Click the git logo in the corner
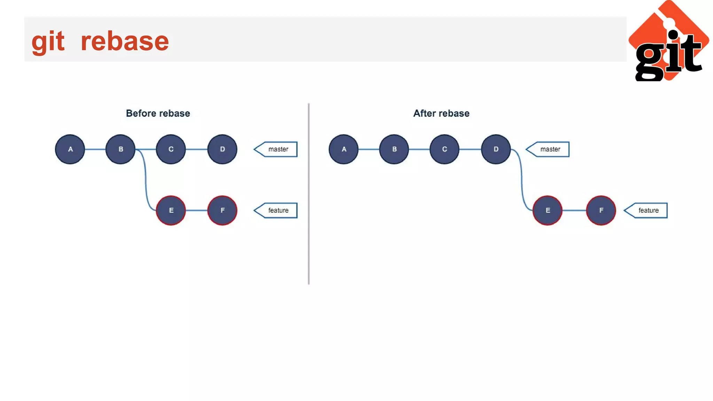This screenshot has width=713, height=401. coord(668,42)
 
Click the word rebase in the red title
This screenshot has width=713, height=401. coord(125,41)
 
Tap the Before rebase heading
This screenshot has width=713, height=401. coord(158,113)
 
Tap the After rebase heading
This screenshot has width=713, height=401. coord(441,113)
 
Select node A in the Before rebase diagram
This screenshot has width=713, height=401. coord(70,149)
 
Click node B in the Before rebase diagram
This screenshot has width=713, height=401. coord(120,149)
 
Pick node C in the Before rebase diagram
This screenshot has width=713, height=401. coord(171,149)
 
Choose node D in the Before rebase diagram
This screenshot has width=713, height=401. coord(222,149)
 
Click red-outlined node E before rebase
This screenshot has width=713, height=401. coord(171,210)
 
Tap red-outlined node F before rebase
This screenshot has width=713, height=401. coord(222,210)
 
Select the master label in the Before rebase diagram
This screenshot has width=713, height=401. coord(277,149)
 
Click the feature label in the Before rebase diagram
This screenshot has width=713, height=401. coord(277,210)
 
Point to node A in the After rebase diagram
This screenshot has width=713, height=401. coord(344,149)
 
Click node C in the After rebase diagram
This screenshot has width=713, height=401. coord(445,149)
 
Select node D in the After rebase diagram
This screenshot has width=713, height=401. coord(496,149)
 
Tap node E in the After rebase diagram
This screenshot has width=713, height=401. coord(547,210)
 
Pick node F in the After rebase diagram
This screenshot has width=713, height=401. coord(601,210)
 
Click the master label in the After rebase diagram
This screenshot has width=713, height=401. coord(549,149)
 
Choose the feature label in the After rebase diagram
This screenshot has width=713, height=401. coord(647,210)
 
